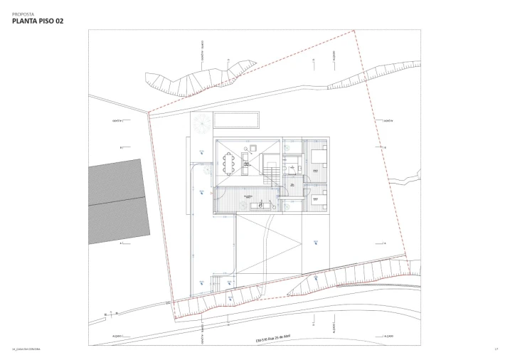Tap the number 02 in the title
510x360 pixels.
click(57, 21)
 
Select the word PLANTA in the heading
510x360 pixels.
click(26, 21)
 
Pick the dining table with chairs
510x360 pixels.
click(229, 164)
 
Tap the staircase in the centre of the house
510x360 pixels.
click(272, 171)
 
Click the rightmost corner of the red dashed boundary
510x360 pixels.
click(406, 258)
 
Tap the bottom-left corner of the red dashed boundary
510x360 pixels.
click(173, 302)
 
